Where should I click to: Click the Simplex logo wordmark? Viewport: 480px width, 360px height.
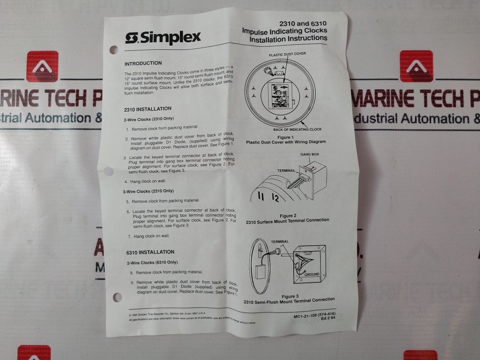(163, 38)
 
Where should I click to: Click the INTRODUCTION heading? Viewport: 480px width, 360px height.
(143, 63)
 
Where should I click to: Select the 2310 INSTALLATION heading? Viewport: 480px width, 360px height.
(148, 109)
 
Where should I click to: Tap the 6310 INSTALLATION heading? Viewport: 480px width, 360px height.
(150, 252)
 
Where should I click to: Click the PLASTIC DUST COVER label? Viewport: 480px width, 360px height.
(287, 54)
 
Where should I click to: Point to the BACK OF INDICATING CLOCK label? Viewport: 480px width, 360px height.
(297, 129)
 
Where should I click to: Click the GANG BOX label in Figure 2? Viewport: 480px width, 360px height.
(310, 154)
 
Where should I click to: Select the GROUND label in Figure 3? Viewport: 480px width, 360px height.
(312, 274)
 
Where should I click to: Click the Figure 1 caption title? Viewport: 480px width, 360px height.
(286, 136)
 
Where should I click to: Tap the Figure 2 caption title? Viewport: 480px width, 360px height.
(288, 216)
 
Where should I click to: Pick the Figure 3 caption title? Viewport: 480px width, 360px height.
(290, 296)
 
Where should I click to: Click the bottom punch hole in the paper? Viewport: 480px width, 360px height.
(117, 297)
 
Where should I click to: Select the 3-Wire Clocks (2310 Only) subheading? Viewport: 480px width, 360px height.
(148, 191)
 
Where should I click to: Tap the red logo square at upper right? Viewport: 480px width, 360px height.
(416, 66)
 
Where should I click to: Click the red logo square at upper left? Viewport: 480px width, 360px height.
(42, 66)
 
